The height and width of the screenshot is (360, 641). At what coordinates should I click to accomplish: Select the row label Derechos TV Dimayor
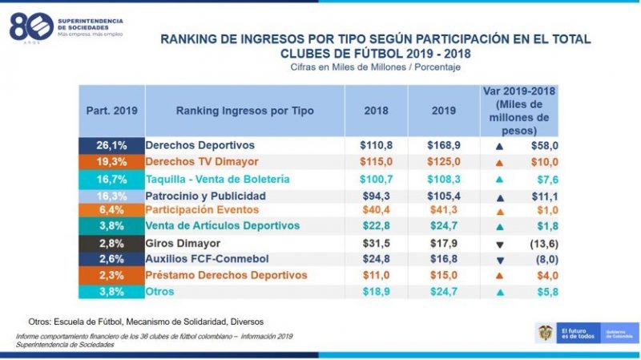[196, 162]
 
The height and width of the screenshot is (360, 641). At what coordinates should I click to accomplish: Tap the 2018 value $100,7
[376, 179]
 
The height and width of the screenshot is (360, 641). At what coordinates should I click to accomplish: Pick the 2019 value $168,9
[438, 145]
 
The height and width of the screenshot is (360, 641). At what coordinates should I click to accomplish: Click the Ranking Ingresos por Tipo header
[244, 111]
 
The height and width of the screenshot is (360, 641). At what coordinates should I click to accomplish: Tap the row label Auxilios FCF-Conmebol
[206, 259]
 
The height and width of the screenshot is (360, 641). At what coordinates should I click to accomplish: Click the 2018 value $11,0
[376, 275]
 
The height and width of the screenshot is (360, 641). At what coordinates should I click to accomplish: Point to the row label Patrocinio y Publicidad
[205, 195]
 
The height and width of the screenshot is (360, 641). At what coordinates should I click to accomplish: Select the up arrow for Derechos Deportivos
[499, 146]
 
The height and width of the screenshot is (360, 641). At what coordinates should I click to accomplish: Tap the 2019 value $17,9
[438, 243]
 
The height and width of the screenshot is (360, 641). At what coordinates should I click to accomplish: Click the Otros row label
[160, 292]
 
